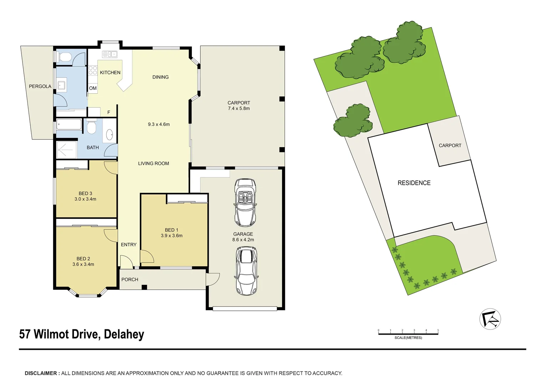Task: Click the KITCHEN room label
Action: click(110, 72)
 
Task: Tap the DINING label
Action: click(161, 77)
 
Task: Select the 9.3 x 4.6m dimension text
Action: click(159, 124)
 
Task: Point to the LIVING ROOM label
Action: click(153, 163)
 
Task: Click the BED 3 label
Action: click(85, 193)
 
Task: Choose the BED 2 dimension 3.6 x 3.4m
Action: click(83, 265)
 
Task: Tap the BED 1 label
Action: click(171, 230)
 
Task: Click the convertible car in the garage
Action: click(245, 202)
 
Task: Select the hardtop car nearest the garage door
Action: click(246, 271)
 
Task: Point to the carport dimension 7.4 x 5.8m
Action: click(239, 108)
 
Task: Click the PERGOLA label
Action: click(40, 86)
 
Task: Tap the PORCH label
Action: click(129, 279)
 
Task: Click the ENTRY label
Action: click(128, 245)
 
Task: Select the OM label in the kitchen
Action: click(93, 88)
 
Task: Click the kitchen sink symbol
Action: click(109, 54)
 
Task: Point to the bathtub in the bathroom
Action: click(69, 125)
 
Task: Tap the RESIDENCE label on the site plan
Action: click(414, 183)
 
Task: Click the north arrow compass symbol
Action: click(490, 319)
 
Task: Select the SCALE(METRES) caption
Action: click(408, 338)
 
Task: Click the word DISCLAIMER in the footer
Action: click(41, 373)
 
